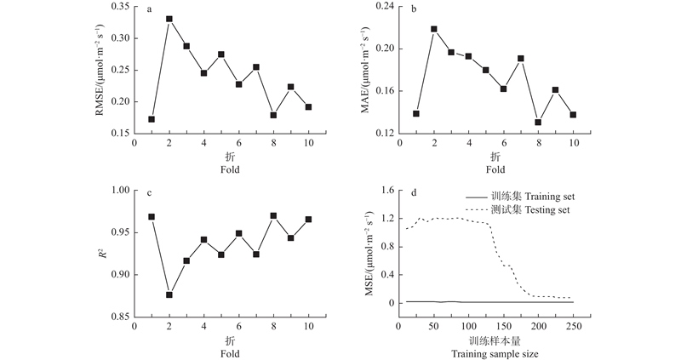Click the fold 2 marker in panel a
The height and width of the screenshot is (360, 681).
(169, 19)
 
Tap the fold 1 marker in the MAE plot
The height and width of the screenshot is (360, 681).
(416, 113)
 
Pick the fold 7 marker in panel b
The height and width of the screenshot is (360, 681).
(521, 59)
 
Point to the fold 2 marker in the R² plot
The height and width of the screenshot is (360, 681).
(169, 294)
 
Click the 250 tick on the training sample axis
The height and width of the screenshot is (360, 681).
(573, 328)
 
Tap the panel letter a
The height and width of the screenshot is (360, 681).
(149, 9)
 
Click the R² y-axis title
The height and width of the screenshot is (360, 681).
(102, 253)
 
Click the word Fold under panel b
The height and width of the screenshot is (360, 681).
(495, 169)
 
